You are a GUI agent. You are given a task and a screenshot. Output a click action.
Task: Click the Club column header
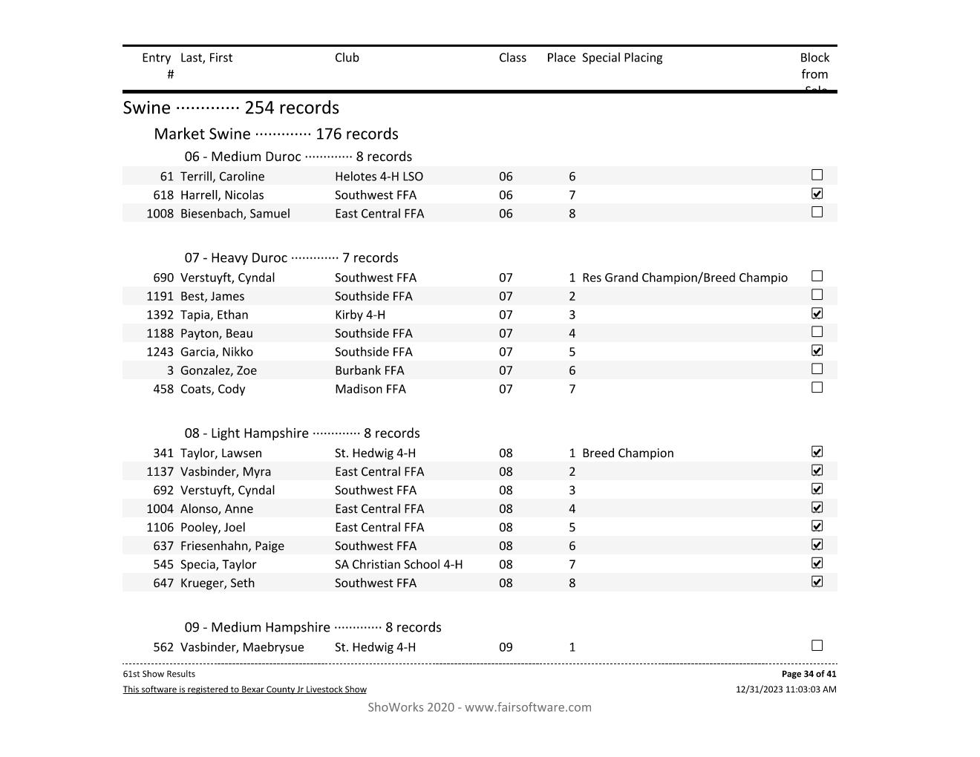(347, 58)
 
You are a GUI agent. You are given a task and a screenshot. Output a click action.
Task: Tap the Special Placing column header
(622, 58)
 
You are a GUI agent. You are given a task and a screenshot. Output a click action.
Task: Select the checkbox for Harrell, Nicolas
(817, 194)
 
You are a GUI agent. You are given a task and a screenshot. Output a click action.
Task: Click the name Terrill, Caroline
(222, 177)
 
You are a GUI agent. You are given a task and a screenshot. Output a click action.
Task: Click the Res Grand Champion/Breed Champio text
(685, 278)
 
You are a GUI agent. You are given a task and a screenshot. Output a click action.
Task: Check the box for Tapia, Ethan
(817, 313)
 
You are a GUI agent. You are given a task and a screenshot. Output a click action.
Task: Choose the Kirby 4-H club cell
(359, 315)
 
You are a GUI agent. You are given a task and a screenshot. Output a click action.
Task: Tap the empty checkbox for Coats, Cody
(817, 387)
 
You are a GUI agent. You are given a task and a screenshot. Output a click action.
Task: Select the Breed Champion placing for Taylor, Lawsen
(627, 453)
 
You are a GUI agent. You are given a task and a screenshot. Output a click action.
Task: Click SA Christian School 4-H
(398, 565)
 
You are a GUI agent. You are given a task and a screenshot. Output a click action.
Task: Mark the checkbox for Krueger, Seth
(817, 582)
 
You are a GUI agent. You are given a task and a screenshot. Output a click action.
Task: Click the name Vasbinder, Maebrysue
(241, 647)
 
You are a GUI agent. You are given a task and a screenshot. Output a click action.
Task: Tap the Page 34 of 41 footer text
(808, 674)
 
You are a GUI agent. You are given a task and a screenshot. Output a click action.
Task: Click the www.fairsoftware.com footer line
(480, 707)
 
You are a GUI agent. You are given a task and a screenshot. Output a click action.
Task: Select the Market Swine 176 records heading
(275, 134)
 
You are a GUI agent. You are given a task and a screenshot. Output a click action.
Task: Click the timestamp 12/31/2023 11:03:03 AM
(785, 689)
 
